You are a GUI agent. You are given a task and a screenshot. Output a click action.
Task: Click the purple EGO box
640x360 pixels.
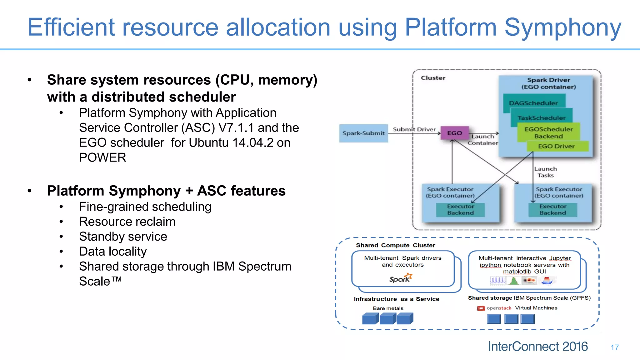[x=454, y=133]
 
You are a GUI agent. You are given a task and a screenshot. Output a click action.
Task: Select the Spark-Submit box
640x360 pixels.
[x=363, y=133]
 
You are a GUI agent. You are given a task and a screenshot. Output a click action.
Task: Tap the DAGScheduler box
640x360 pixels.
[x=533, y=103]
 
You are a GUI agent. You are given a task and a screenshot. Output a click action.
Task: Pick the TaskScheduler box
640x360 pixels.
[x=542, y=118]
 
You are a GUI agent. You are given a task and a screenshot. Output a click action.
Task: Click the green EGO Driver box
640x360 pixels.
[x=556, y=146]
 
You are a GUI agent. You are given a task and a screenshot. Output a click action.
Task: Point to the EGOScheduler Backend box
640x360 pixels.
[x=548, y=132]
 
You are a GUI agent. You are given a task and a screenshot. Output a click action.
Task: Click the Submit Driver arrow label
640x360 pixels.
[x=414, y=129]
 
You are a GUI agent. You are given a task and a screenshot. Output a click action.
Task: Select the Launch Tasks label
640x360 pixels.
[x=545, y=172]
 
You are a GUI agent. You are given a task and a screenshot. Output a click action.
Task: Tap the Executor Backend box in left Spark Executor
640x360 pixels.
[x=460, y=210]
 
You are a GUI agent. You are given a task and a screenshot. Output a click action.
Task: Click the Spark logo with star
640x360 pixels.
[x=401, y=278]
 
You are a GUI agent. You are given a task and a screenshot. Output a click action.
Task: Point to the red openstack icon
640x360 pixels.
[x=481, y=308]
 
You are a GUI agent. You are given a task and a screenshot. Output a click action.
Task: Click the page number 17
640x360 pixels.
[x=614, y=347]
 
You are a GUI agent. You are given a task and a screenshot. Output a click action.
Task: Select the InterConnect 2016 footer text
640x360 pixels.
[x=537, y=346]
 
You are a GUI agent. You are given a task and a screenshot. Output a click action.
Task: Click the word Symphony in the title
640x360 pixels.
[x=562, y=27]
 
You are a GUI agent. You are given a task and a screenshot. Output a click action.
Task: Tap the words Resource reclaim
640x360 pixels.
[x=127, y=222]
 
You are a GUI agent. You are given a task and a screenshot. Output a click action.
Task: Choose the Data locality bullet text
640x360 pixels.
[x=113, y=252]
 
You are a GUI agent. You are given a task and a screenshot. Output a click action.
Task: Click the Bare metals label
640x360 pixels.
[x=388, y=308]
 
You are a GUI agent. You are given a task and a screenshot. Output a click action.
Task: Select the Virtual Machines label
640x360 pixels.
[x=536, y=308]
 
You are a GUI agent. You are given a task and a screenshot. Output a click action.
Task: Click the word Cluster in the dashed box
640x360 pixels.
[x=433, y=78]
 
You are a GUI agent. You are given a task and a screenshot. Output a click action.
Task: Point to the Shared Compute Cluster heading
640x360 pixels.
[x=395, y=245]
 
